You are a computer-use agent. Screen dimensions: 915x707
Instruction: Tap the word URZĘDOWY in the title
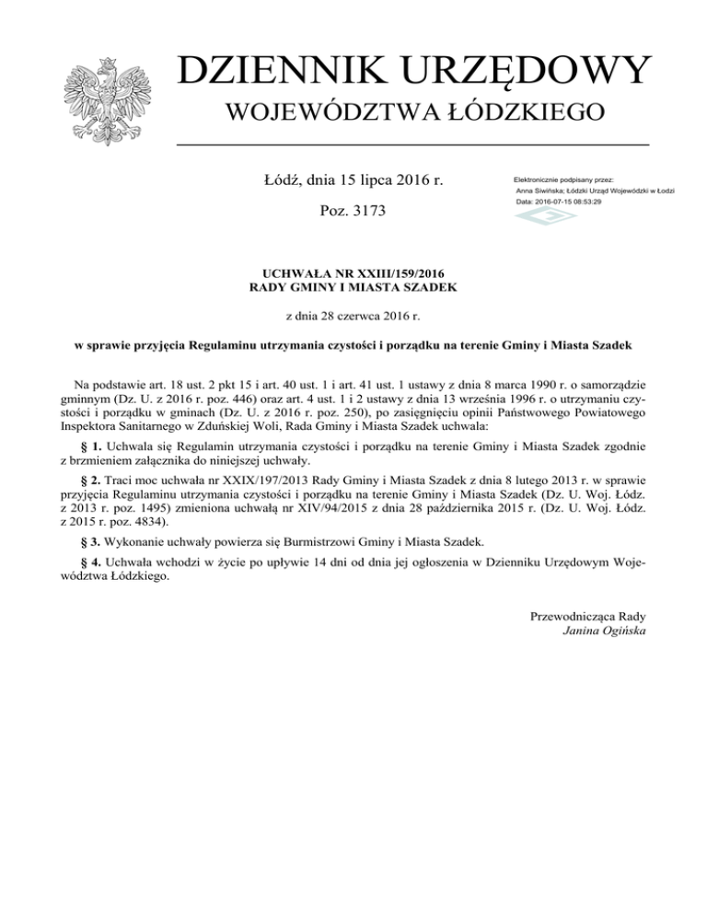[527, 72]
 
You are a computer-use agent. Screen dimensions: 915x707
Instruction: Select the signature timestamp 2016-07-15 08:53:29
[572, 201]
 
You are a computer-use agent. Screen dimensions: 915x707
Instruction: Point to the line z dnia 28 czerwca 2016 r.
[354, 317]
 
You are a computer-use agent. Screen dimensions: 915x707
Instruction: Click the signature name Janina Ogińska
[603, 631]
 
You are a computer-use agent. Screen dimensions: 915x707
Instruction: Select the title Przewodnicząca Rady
[588, 615]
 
